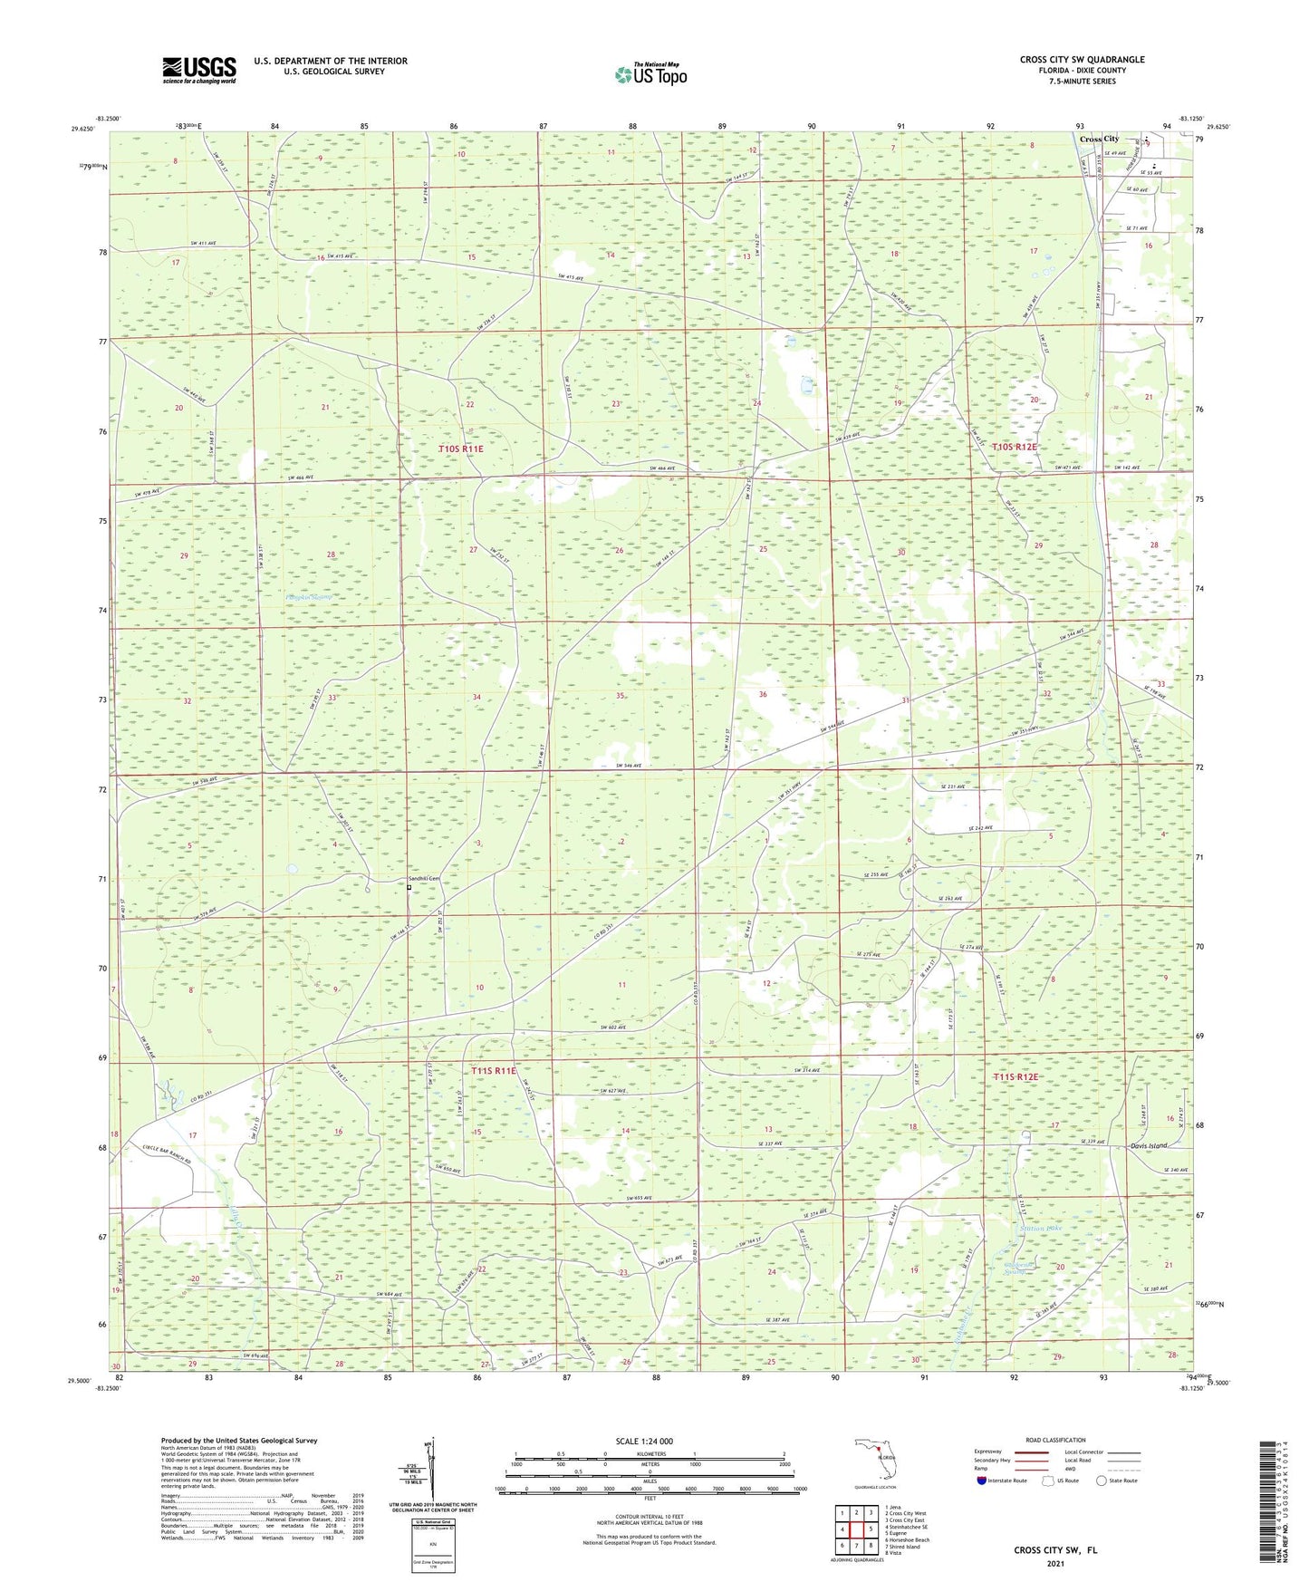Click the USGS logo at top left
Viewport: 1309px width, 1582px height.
(199, 69)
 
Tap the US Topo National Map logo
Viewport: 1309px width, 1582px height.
(650, 73)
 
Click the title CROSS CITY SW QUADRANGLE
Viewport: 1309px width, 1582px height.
(1082, 60)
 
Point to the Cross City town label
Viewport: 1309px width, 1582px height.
(1098, 139)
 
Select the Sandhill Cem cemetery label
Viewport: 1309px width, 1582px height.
(421, 879)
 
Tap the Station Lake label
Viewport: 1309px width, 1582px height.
(1040, 1229)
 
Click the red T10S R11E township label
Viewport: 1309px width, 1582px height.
(461, 449)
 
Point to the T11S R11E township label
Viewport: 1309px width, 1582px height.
(493, 1071)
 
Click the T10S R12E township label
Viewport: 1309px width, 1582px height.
(1014, 447)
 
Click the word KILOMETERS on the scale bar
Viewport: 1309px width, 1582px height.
(649, 1454)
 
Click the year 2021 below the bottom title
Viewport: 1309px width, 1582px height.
(1054, 1563)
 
